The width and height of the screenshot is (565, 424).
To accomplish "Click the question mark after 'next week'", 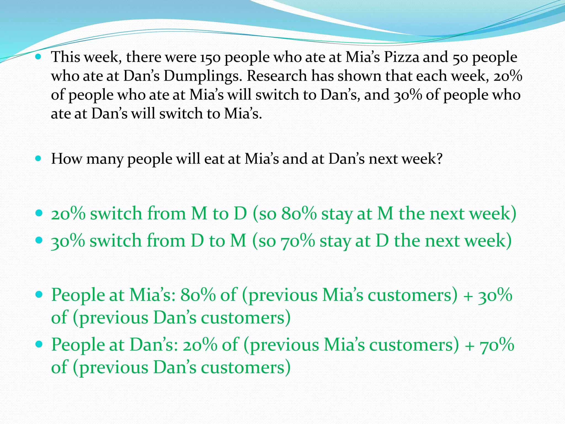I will [438, 159].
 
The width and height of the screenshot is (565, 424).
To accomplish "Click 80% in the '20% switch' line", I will [299, 214].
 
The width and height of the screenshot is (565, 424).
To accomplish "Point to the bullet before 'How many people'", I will [38, 159].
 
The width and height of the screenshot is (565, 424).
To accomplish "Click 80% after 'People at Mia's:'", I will [198, 295].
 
